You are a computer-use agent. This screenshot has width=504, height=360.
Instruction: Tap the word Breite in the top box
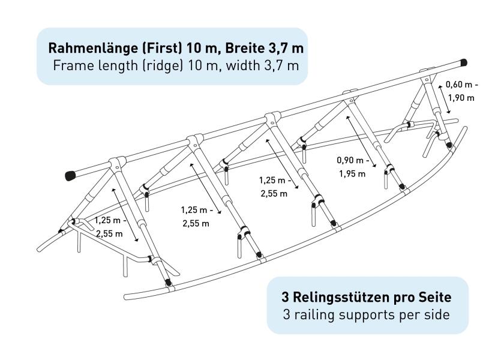coord(244,48)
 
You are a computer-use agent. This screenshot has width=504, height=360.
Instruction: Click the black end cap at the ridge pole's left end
coord(70,175)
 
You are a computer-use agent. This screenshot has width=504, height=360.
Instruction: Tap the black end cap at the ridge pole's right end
coord(463,62)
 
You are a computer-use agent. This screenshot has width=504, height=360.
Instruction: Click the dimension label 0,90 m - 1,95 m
coord(353,167)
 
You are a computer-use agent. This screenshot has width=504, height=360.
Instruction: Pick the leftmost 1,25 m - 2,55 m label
coord(110,227)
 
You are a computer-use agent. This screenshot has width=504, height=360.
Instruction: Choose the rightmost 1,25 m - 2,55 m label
coord(275,187)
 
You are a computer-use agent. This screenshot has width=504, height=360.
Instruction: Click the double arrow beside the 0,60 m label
coord(445,100)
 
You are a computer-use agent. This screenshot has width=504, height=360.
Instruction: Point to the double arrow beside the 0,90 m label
coord(361,142)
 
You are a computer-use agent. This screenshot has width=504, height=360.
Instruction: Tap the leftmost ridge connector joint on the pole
coord(117,161)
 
